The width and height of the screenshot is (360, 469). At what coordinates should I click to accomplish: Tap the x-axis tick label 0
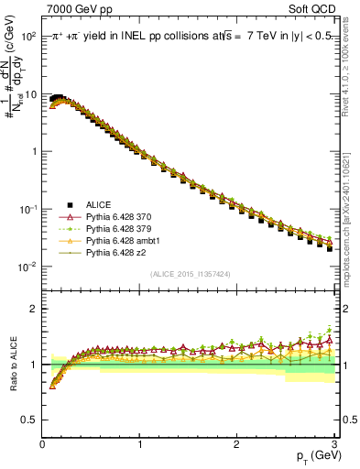42,442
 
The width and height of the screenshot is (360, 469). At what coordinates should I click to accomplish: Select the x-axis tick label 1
139,442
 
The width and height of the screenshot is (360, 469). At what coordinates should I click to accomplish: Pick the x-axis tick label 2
236,442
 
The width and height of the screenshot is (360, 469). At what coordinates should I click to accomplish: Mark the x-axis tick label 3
333,442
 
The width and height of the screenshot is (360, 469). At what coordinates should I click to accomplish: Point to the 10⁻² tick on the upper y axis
27,267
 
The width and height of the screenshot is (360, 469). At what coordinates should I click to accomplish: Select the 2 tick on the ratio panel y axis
33,309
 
